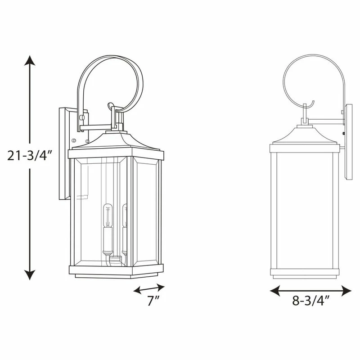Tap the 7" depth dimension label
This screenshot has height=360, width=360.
pyautogui.click(x=153, y=301)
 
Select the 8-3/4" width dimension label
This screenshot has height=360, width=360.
pyautogui.click(x=311, y=300)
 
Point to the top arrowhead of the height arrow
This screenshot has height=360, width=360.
pyautogui.click(x=30, y=60)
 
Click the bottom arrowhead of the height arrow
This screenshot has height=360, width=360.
pyautogui.click(x=30, y=275)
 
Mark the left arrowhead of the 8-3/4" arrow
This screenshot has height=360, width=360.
pyautogui.click(x=275, y=291)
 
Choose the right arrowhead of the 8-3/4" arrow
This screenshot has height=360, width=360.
pyautogui.click(x=346, y=291)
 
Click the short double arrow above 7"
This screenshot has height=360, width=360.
pyautogui.click(x=149, y=288)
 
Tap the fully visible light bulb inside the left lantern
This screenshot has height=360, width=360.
pyautogui.click(x=108, y=216)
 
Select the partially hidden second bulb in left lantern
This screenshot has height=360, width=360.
pyautogui.click(x=125, y=216)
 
